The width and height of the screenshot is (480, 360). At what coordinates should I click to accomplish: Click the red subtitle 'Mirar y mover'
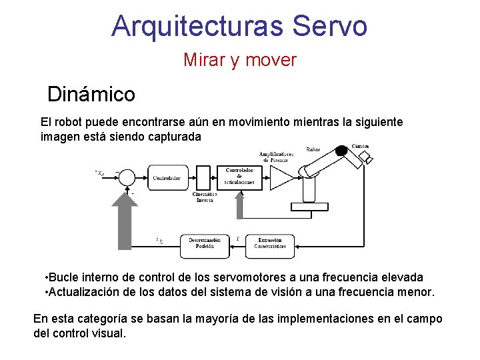(240, 60)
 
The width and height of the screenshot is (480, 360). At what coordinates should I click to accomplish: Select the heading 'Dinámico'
(91, 94)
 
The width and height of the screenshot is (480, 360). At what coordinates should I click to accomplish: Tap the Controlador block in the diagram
(166, 178)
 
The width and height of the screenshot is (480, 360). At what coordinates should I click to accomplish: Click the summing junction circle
(126, 177)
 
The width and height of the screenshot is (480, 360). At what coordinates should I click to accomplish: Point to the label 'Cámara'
(361, 146)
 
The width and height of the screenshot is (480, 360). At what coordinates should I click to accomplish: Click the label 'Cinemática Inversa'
(205, 197)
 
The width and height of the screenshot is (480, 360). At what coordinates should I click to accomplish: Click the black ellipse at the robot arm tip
(341, 150)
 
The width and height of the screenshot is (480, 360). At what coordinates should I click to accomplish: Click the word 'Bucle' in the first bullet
(65, 277)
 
